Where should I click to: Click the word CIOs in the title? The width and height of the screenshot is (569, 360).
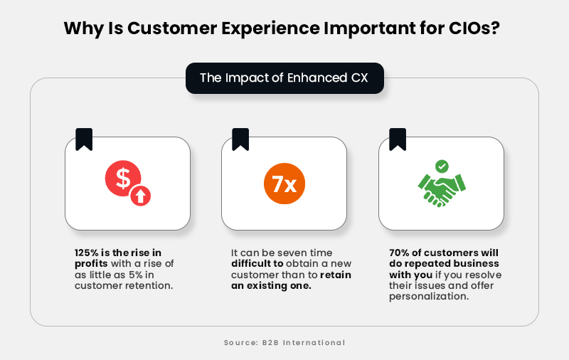coord(475,28)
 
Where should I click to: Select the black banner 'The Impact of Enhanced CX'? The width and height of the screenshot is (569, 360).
coord(284,78)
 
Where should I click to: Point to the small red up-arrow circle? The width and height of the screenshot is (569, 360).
coord(142,196)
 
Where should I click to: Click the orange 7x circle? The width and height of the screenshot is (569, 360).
coord(284,184)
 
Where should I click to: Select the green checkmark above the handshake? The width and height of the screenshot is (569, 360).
coord(442,166)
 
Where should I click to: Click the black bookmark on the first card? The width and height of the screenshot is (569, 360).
coord(84,139)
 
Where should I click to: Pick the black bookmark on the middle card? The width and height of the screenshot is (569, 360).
coord(240,139)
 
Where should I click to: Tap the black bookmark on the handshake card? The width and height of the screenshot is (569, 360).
coord(398,139)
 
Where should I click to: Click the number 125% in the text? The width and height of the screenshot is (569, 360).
coord(88,253)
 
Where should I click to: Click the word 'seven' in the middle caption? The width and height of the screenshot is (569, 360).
coord(288,253)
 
